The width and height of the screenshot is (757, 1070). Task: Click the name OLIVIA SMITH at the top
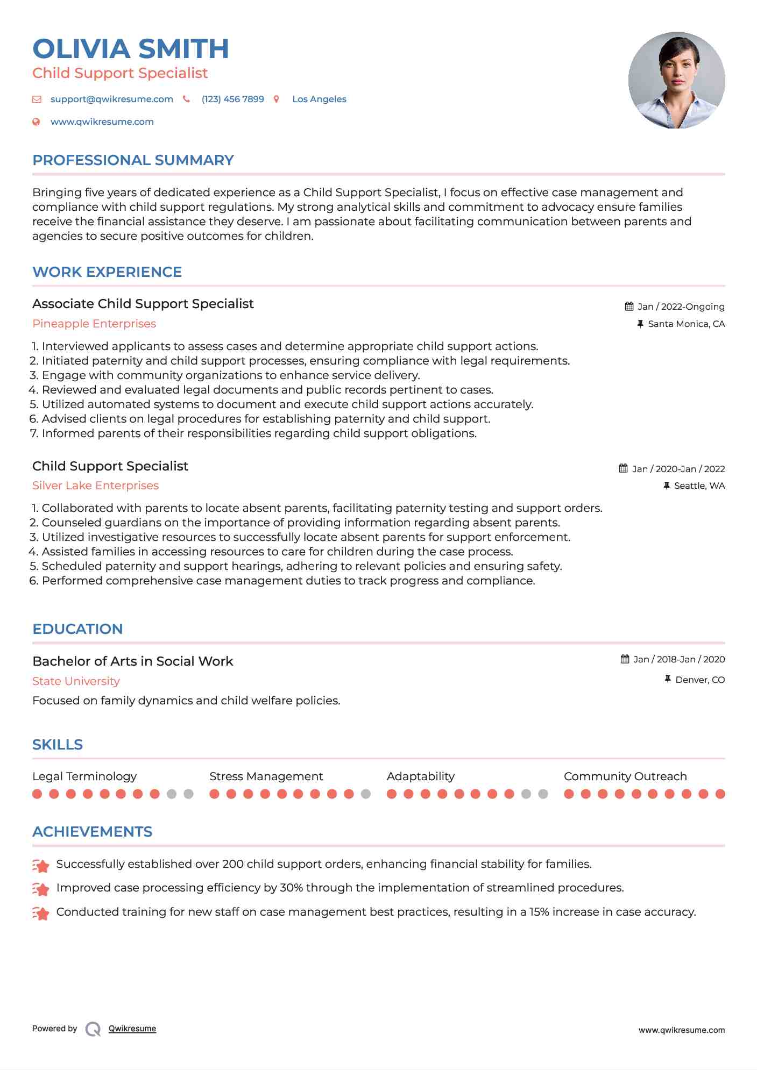coord(131,49)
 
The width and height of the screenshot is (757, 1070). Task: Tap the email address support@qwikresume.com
coord(111,99)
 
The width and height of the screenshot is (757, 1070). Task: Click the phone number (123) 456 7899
coord(232,99)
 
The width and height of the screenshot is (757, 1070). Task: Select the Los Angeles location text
coord(319,99)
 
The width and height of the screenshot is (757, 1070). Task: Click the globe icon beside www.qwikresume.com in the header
coord(37,122)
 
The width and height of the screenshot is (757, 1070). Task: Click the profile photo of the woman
coord(676,81)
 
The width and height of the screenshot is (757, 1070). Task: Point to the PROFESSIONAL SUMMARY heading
coord(133,160)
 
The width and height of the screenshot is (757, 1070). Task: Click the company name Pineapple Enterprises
coord(94,324)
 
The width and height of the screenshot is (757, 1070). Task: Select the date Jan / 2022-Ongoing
coord(681,307)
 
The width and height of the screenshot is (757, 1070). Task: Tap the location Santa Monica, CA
coord(686,324)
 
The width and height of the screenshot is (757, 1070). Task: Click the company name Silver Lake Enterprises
coord(95,486)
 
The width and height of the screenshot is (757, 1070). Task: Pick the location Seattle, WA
coord(699,486)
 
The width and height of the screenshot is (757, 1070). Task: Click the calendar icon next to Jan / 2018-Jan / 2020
coord(625,659)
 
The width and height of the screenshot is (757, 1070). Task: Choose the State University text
coord(76,681)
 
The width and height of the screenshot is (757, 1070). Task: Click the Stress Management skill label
coord(266,776)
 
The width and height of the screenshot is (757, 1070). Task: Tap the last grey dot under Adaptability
coord(543,794)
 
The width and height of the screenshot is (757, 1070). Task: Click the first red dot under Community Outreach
coord(569,794)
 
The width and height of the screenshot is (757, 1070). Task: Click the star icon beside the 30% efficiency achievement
coord(41,889)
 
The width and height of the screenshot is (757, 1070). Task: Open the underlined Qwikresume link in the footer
coord(132,1029)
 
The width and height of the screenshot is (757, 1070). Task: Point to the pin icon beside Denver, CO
coord(667,680)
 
